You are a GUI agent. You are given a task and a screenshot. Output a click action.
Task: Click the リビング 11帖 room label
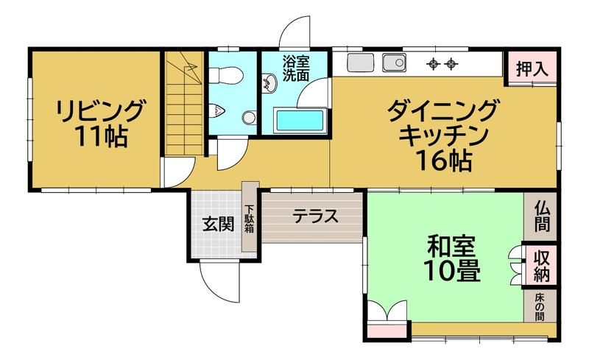click(x=100, y=122)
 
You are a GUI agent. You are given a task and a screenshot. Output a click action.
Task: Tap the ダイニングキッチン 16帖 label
click(x=443, y=135)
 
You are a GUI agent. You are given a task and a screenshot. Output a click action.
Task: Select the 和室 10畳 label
click(x=452, y=258)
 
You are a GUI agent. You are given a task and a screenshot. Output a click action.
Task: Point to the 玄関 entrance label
click(x=218, y=225)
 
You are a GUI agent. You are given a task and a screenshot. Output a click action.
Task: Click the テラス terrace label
click(x=316, y=217)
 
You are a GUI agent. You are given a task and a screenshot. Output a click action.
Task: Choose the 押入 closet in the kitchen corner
click(x=532, y=68)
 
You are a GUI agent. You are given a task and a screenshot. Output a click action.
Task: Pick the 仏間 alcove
click(x=541, y=216)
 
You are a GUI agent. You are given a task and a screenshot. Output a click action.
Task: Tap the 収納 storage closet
click(x=541, y=266)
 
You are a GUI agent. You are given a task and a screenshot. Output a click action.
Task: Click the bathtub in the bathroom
click(x=300, y=120)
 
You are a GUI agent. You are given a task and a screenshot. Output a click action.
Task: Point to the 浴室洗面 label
click(x=296, y=68)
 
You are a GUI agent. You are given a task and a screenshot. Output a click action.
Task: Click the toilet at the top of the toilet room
click(x=225, y=75)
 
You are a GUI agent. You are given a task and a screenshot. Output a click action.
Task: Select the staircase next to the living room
click(x=183, y=103)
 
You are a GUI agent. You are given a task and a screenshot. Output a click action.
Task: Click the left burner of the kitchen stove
click(x=434, y=64)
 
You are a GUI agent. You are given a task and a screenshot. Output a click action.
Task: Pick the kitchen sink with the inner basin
click(x=394, y=62)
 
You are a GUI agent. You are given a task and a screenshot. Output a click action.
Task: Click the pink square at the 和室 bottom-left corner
click(x=388, y=331)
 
